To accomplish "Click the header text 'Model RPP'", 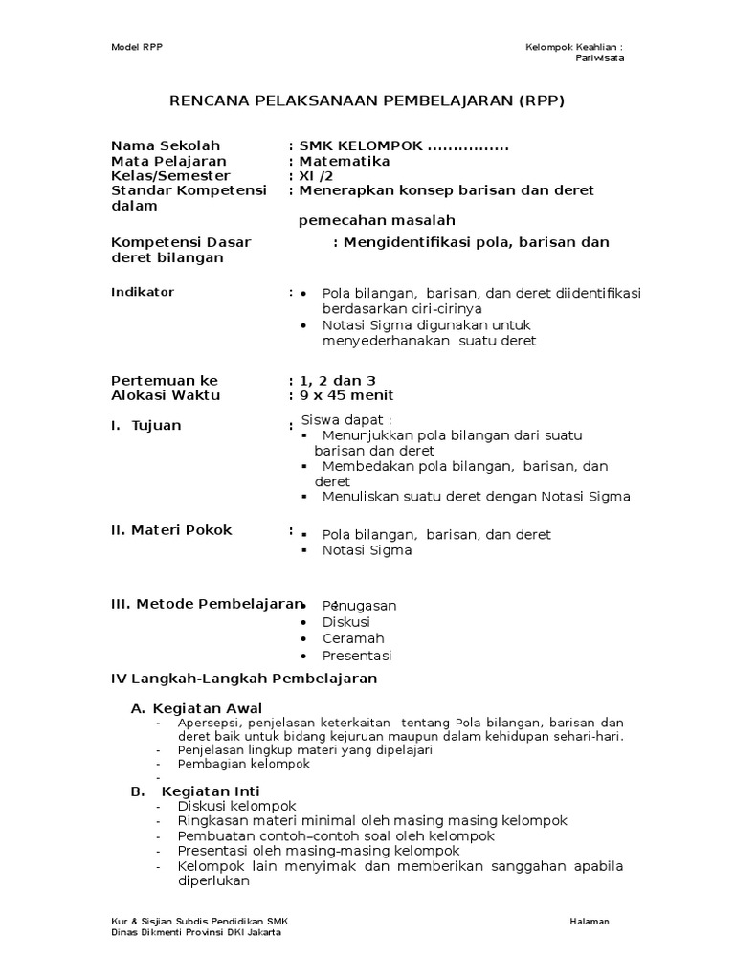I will (135, 47).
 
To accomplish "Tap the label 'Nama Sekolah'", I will (166, 145).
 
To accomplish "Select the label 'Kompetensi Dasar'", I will (181, 242).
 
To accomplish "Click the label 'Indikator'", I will (143, 292).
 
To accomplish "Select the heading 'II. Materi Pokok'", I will (172, 530).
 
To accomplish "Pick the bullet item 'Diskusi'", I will (345, 622).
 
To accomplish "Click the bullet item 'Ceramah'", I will (353, 638).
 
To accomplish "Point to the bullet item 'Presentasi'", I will (357, 656).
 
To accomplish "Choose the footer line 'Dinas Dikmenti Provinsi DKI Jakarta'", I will (196, 932).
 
